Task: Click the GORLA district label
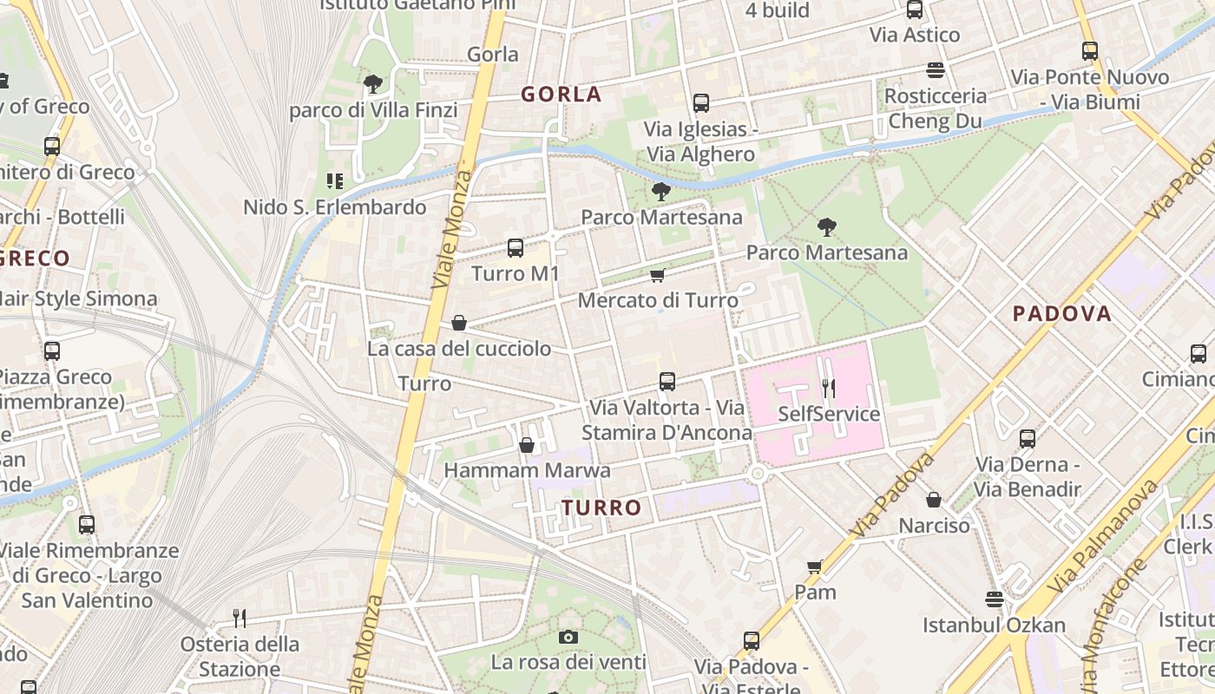pyautogui.click(x=562, y=95)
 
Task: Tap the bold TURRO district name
pyautogui.click(x=601, y=507)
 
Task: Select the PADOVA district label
pyautogui.click(x=1062, y=314)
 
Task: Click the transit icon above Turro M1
pyautogui.click(x=516, y=248)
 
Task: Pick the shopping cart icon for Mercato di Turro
pyautogui.click(x=658, y=275)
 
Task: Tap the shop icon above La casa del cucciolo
pyautogui.click(x=459, y=323)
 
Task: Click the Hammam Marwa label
pyautogui.click(x=527, y=470)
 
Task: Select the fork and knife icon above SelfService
pyautogui.click(x=829, y=388)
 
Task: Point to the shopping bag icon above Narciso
pyautogui.click(x=934, y=500)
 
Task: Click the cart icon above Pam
pyautogui.click(x=815, y=566)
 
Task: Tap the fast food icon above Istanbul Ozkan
pyautogui.click(x=995, y=599)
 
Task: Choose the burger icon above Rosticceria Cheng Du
pyautogui.click(x=936, y=69)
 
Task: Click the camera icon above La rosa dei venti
pyautogui.click(x=568, y=638)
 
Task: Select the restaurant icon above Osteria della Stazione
pyautogui.click(x=240, y=618)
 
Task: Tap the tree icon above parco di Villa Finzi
pyautogui.click(x=373, y=83)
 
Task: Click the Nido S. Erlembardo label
pyautogui.click(x=335, y=207)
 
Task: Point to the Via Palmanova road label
pyautogui.click(x=1102, y=538)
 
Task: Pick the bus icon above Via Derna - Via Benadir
pyautogui.click(x=1028, y=438)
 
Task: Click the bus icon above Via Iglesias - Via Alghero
pyautogui.click(x=701, y=103)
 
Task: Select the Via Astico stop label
pyautogui.click(x=915, y=35)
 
